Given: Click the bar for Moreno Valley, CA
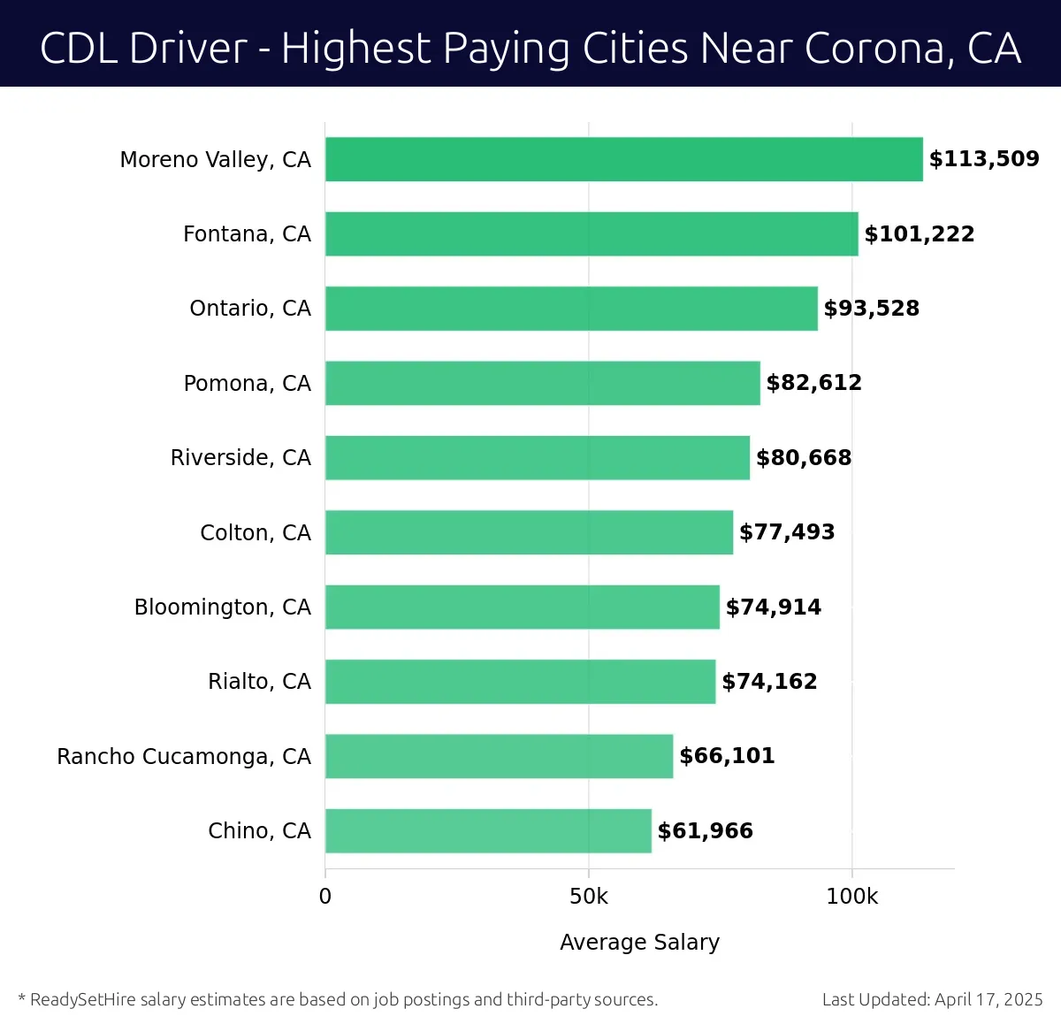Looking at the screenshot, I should point(623,159).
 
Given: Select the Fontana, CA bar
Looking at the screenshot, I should point(592,233).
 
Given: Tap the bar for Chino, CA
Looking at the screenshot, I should point(488,830).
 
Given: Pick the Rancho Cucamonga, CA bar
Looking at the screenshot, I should point(499,756).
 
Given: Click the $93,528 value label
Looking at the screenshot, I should point(871,309).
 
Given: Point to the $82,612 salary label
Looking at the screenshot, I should point(813,383).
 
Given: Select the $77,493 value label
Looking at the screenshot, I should point(787,532).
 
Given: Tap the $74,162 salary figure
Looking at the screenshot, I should point(769,682).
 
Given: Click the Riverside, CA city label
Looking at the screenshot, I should point(240,458).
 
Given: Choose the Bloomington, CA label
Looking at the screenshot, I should point(223,608).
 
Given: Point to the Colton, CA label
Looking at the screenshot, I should point(256,532).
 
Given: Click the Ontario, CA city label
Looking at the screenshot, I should point(250,309).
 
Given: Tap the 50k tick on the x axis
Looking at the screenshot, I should point(589,897).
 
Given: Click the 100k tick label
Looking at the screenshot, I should point(851,897).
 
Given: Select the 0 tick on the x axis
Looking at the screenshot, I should point(325,897).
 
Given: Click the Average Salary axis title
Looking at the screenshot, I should point(639,943).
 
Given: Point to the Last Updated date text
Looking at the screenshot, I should point(932,1000).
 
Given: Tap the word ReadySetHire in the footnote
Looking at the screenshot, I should point(86,1000).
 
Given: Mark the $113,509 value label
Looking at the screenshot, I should point(983,159).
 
